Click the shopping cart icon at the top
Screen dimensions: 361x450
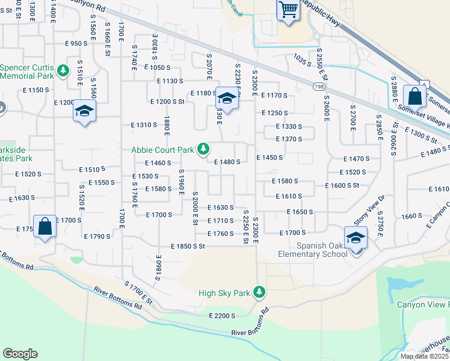tap(288, 9)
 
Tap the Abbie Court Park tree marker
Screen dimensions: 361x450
tap(205, 148)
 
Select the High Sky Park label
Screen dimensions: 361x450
tap(224, 293)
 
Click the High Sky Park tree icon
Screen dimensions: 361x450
tap(259, 292)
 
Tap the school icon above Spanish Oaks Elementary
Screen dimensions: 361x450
tap(356, 237)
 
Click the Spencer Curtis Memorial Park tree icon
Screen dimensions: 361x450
tap(63, 71)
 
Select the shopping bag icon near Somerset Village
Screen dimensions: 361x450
tap(415, 96)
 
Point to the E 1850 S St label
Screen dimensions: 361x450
tap(188, 246)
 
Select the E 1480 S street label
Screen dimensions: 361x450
tap(227, 162)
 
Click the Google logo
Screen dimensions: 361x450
tap(20, 353)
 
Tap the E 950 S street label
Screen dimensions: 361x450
tap(76, 43)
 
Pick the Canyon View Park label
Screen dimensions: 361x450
tap(423, 304)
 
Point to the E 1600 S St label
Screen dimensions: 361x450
tap(342, 186)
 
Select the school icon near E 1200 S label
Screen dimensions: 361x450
tap(85, 111)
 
